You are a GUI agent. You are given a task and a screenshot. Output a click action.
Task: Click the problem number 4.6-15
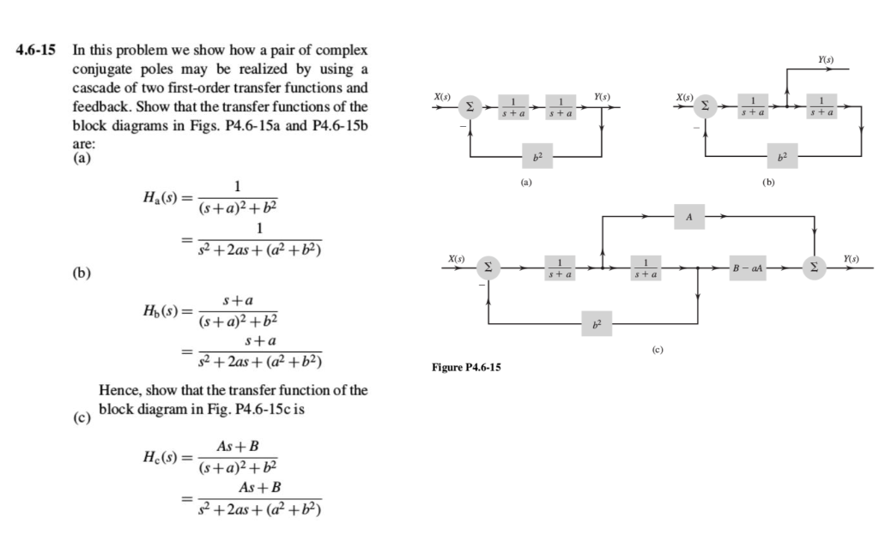point(38,51)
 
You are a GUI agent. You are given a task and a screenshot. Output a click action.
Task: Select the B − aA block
point(743,267)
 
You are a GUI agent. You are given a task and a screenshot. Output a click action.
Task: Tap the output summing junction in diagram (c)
point(814,267)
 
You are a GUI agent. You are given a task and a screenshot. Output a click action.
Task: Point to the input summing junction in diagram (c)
point(490,267)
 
